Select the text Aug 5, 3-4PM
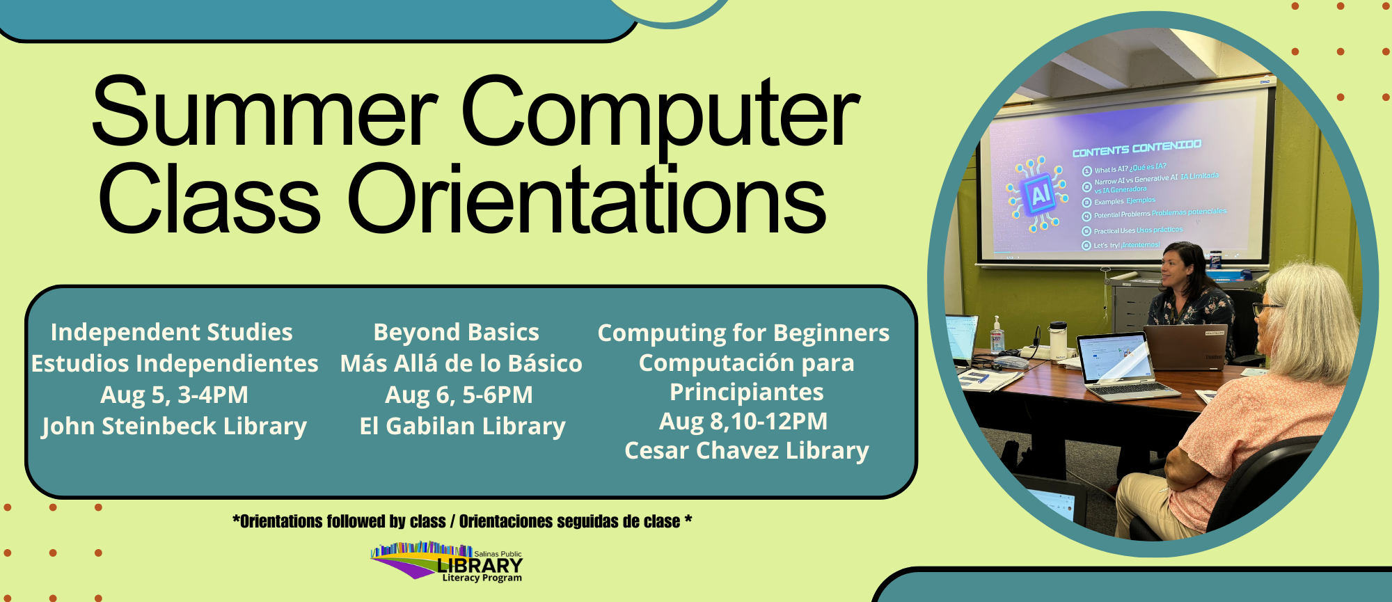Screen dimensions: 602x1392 click(174, 395)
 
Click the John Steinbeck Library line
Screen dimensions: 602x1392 click(174, 426)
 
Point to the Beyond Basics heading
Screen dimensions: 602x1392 click(456, 332)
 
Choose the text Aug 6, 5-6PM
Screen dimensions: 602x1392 click(459, 395)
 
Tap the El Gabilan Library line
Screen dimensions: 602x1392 click(462, 426)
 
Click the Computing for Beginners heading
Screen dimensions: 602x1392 click(743, 333)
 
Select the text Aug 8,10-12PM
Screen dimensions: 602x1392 click(743, 421)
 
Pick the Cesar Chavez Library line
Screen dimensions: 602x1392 click(746, 450)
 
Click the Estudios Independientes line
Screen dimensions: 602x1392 click(175, 363)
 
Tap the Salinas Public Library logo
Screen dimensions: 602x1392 click(447, 562)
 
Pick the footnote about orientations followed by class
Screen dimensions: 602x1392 click(462, 521)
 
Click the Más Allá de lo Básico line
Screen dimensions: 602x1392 click(461, 363)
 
